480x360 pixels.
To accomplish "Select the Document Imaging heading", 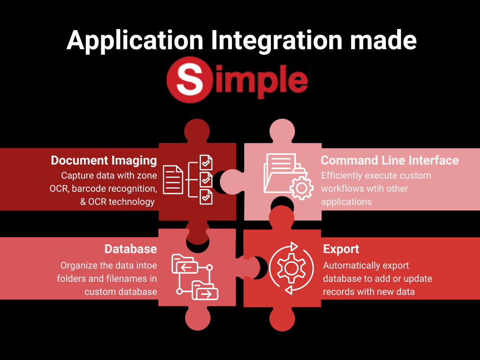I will [104, 160].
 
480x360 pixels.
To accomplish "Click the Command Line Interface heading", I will [390, 160].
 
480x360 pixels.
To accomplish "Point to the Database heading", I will [130, 248].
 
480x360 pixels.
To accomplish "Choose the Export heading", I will [341, 249].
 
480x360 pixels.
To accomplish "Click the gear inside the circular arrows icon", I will [291, 268].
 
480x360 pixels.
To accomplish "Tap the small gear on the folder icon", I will [301, 187].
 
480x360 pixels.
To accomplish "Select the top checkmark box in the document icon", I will [206, 162].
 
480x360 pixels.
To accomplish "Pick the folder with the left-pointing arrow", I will [184, 265].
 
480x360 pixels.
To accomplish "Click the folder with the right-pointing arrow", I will [205, 291].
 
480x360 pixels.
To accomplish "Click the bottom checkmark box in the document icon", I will [206, 197].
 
